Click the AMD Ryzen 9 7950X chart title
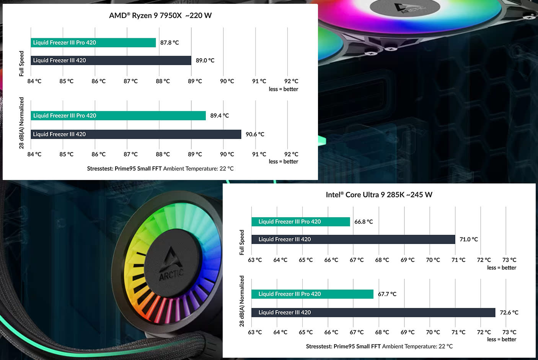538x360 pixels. pos(160,16)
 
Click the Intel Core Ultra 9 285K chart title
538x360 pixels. pos(379,195)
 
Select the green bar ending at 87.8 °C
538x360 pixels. pos(93,43)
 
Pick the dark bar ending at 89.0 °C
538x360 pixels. pos(111,61)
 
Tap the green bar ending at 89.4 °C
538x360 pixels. pos(118,116)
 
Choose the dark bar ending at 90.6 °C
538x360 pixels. pos(136,134)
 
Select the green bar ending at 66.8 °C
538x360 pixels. pos(300,222)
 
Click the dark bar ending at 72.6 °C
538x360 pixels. pos(373,313)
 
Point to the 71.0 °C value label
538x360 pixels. pos(468,239)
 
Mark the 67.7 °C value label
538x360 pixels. pos(387,294)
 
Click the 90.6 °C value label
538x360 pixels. pos(255,134)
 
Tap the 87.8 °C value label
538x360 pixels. pos(170,43)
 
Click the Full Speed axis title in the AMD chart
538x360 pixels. pos(21,64)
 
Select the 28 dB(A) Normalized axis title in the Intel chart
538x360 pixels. pos(241,301)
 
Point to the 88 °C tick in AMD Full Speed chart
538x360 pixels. pos(163,81)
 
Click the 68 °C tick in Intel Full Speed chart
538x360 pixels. pos(382,260)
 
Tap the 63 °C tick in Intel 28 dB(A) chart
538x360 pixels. pos(255,332)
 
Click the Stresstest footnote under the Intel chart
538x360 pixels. pos(379,347)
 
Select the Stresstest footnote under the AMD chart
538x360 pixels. pos(160,169)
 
